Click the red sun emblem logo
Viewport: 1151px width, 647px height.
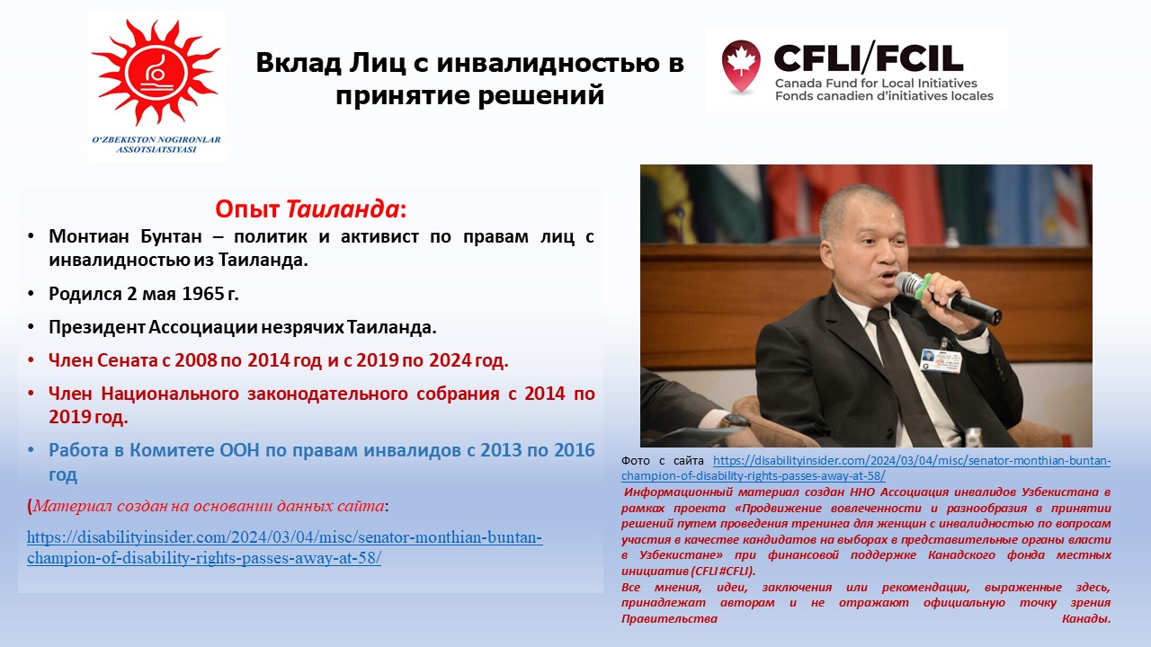[x=156, y=72]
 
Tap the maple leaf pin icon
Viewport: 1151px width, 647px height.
[x=740, y=66]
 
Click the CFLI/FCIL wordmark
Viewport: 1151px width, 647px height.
[x=868, y=58]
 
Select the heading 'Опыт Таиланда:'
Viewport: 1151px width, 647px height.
[x=311, y=209]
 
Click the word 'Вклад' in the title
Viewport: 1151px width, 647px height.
[x=299, y=63]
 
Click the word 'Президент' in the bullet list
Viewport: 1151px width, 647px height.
[x=96, y=327]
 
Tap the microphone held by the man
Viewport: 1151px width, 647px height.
[x=948, y=298]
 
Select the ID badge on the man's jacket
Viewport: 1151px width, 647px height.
[x=941, y=360]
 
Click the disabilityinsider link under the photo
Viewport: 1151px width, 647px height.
[x=866, y=468]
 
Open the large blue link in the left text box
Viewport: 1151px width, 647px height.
[x=285, y=547]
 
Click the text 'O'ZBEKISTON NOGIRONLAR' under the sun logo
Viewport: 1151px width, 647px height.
[x=156, y=139]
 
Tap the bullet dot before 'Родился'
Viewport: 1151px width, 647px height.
[x=31, y=294]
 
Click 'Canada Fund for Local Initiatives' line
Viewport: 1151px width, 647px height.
[x=876, y=84]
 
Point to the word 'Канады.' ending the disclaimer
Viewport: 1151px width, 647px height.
[x=1086, y=619]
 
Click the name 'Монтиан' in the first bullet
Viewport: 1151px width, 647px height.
[x=89, y=236]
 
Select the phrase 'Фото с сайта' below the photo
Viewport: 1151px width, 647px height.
[x=663, y=461]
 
